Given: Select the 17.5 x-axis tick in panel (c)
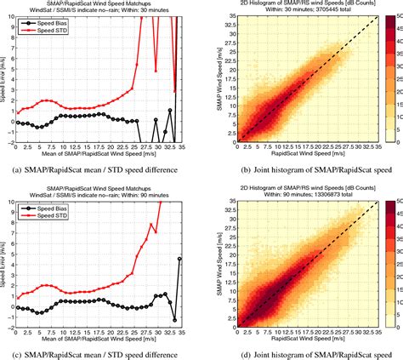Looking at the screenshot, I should click(101, 333).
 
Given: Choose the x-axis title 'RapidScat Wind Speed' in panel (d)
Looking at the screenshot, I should click(304, 342).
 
